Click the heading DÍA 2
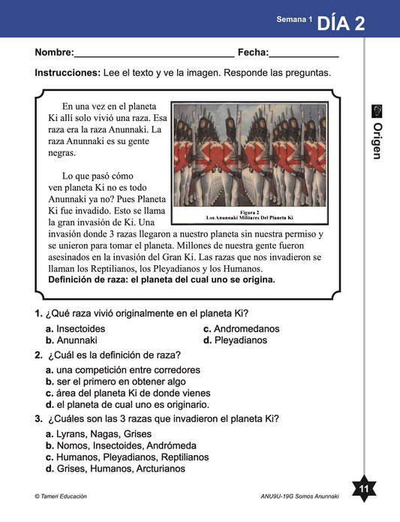[341, 23]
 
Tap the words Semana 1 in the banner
[294, 20]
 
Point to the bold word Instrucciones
[68, 73]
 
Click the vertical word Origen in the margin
[377, 141]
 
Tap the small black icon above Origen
[377, 111]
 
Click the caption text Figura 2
[249, 212]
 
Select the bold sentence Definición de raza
[161, 279]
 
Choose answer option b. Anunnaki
[71, 340]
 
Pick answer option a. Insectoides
[75, 329]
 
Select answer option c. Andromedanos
[242, 329]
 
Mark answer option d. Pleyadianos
[235, 340]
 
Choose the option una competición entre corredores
[122, 370]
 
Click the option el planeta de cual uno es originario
[128, 405]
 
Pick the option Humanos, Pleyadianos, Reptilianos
[127, 457]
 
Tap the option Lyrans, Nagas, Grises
[98, 434]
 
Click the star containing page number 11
[364, 488]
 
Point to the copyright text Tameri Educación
[61, 496]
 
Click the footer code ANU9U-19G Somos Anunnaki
[299, 496]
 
